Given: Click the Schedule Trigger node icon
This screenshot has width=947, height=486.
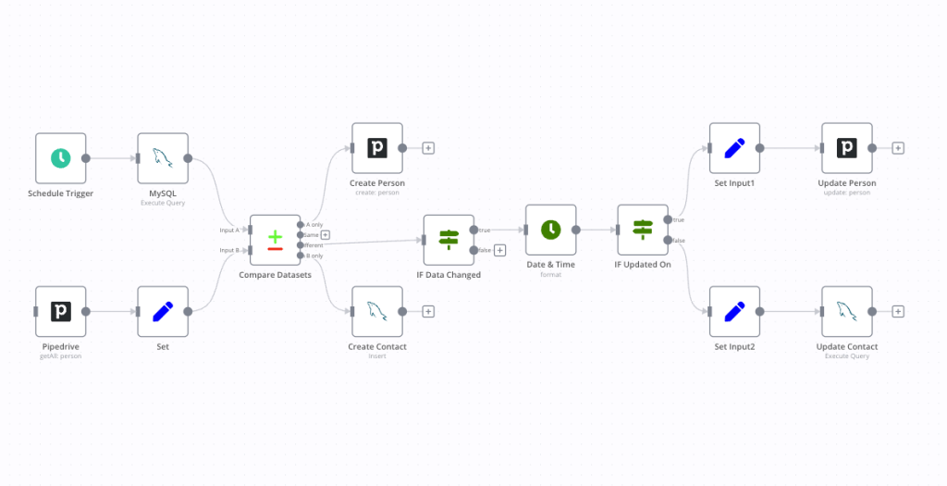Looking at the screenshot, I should point(60,158).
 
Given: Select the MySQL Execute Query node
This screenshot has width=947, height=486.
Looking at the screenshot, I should point(163,158).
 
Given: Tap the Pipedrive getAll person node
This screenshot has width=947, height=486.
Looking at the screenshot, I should point(60,311).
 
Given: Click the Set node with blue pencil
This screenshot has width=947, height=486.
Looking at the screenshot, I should point(163,311).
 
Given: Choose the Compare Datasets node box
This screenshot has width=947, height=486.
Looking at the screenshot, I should point(275,240).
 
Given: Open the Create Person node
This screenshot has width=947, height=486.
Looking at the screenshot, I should point(376,148).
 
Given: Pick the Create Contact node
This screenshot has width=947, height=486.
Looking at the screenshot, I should point(376,311).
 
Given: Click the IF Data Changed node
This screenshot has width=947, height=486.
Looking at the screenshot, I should point(449,240).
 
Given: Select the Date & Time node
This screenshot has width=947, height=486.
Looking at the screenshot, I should point(550,230).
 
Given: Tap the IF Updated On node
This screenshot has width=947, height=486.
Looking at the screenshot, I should point(643,230).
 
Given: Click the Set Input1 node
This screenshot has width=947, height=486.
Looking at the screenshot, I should point(734,148).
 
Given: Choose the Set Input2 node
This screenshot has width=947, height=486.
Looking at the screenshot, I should point(734,311).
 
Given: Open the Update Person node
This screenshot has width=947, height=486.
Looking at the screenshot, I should point(846,148).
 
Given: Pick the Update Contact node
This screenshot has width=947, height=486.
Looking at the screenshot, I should point(846,311).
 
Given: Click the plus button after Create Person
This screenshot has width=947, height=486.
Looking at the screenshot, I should point(428,148).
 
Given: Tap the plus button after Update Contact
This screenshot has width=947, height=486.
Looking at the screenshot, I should point(897,311).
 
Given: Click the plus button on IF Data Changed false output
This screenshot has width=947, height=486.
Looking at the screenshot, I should point(499,250).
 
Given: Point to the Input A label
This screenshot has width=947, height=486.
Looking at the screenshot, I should point(229,230).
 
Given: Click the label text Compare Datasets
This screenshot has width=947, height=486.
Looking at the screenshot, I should point(275,275).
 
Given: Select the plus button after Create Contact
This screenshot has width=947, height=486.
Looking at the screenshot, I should point(428,311).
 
